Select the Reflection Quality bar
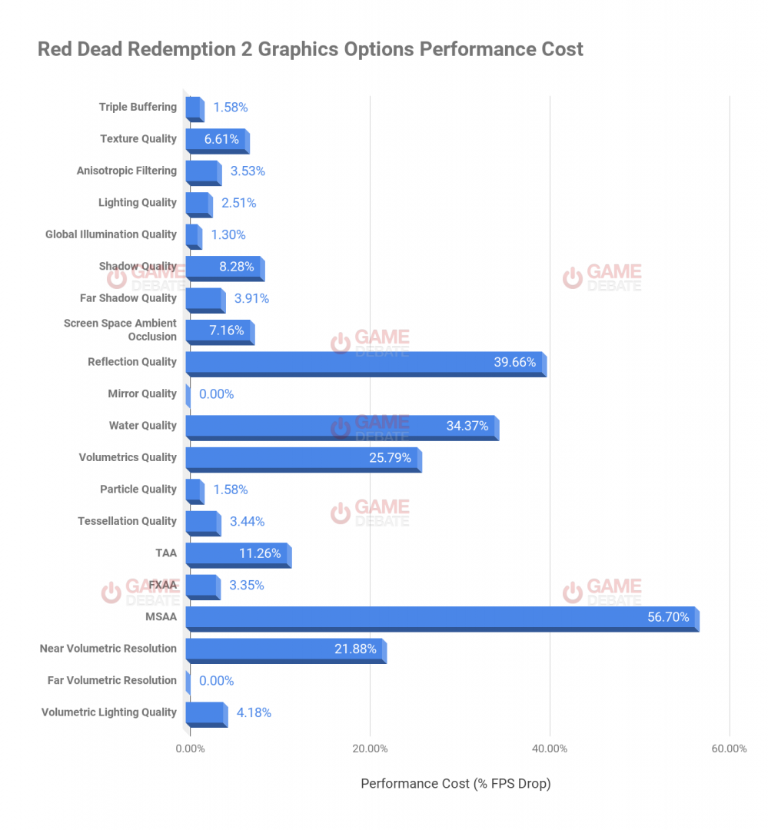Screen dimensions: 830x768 pyautogui.click(x=364, y=363)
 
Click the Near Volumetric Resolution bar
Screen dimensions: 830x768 pyautogui.click(x=284, y=649)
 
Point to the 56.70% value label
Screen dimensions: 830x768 pyautogui.click(x=667, y=617)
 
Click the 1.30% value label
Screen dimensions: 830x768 pyautogui.click(x=228, y=235)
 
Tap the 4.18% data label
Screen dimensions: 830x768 pyautogui.click(x=254, y=712)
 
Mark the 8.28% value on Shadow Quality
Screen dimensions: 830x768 pyautogui.click(x=237, y=267)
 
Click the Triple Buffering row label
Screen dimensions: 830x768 pyautogui.click(x=138, y=108)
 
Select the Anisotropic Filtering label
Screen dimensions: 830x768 pyautogui.click(x=127, y=171)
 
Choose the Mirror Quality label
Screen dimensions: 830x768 pyautogui.click(x=142, y=394)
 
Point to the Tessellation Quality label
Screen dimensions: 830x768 pyautogui.click(x=127, y=522)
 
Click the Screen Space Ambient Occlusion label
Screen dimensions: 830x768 pyautogui.click(x=120, y=330)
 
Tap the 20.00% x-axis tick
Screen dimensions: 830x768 pyautogui.click(x=370, y=749)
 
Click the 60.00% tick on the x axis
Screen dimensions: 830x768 pyautogui.click(x=729, y=749)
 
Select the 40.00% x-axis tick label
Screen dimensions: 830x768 pyautogui.click(x=550, y=749)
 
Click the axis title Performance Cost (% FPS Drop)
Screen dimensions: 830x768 pyautogui.click(x=456, y=784)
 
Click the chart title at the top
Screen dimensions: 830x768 pyautogui.click(x=311, y=50)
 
